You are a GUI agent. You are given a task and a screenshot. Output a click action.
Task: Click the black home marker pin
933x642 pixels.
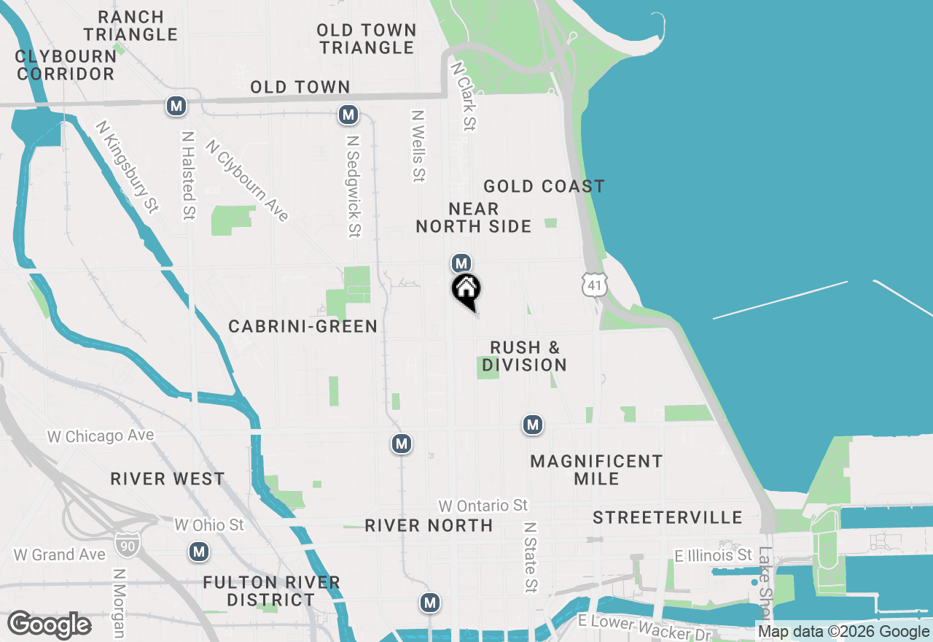(466, 290)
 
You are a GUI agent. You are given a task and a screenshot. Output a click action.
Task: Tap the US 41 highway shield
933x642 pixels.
(595, 284)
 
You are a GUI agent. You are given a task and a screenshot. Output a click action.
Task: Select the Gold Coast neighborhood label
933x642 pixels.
(544, 187)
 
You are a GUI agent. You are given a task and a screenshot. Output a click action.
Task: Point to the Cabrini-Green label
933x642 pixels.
(303, 326)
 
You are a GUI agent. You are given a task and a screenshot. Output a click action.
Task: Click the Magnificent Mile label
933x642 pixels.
(596, 470)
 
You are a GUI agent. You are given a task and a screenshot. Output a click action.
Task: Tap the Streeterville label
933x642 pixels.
(667, 517)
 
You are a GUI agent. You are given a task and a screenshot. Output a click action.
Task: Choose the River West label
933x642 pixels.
(168, 479)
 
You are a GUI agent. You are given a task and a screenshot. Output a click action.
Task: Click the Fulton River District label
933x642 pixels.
(271, 591)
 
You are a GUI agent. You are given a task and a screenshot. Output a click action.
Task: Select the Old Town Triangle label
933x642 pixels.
(367, 39)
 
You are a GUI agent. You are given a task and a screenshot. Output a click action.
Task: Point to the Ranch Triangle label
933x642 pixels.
(130, 26)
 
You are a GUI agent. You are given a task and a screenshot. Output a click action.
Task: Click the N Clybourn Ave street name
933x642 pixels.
(248, 180)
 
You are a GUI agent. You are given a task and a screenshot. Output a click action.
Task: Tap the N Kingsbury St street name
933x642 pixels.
(127, 167)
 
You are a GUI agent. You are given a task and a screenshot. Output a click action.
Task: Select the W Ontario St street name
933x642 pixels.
(483, 505)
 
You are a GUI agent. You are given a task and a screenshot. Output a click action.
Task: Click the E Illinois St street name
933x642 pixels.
(713, 556)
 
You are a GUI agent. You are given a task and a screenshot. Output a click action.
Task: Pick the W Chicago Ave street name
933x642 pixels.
(101, 436)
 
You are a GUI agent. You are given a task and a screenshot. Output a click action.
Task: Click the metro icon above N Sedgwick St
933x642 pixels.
(348, 115)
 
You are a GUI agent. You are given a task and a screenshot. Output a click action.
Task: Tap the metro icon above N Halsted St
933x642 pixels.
(176, 106)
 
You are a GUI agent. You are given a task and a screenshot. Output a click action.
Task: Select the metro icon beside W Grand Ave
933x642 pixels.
(198, 552)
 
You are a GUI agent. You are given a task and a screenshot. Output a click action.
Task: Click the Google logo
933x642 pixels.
(49, 625)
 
